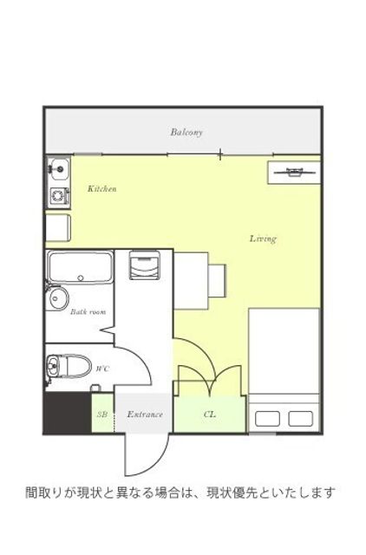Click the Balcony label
click(186, 132)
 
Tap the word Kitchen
click(102, 188)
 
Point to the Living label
click(263, 238)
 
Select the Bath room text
click(88, 312)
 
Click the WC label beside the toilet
click(102, 369)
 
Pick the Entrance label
click(145, 415)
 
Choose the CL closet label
click(210, 415)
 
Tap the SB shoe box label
click(102, 415)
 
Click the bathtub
click(81, 267)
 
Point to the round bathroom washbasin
click(56, 298)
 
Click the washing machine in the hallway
click(144, 265)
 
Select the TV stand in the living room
click(294, 173)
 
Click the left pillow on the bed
click(268, 419)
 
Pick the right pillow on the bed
click(300, 419)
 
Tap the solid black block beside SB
click(68, 413)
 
